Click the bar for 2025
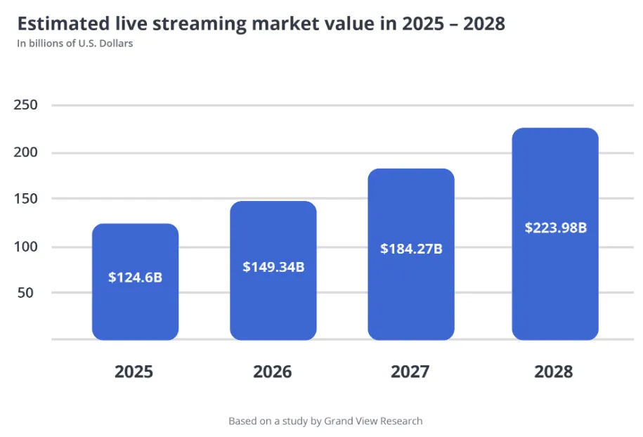[135, 309]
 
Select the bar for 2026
[273, 309]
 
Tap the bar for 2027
[411, 302]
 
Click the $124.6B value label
[135, 278]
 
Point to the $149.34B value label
[273, 267]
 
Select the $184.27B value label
[411, 249]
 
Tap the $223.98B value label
[555, 228]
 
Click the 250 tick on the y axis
[25, 105]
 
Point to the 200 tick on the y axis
[25, 152]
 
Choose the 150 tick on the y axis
[25, 199]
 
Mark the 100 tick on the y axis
[25, 247]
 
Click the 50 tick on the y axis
[25, 293]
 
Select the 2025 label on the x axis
[134, 372]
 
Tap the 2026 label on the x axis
[272, 372]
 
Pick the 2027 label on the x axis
[410, 372]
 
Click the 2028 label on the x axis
[554, 372]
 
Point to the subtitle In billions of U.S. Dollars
[75, 44]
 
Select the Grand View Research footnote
[325, 422]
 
